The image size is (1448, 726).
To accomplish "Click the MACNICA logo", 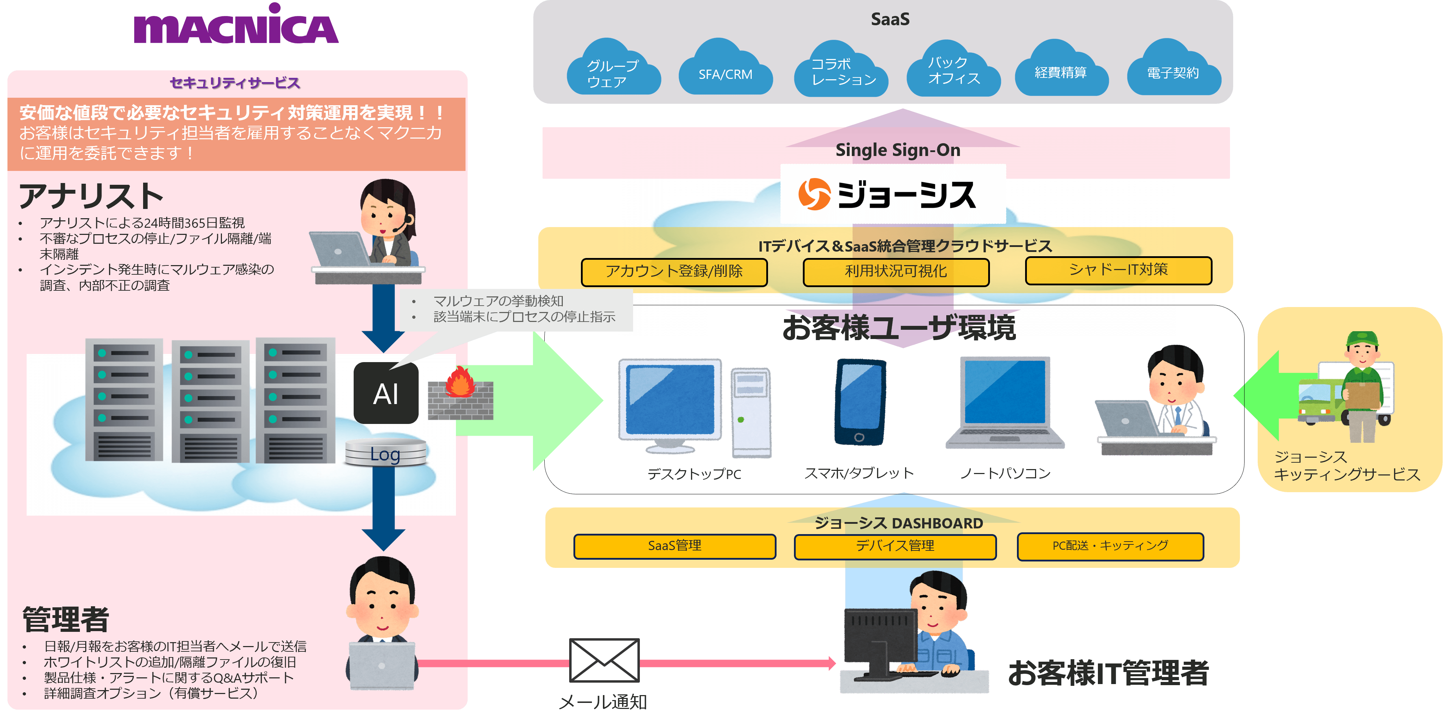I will coord(236,27).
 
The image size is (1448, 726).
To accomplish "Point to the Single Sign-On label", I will coord(898,150).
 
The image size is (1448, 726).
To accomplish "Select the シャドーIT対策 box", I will coord(1118,270).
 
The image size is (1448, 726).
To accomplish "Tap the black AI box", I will coord(386,393).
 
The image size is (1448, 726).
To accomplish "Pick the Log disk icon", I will coord(386,453).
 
